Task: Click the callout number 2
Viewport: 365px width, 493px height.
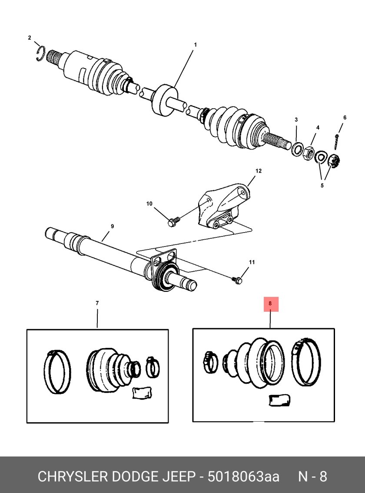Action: pyautogui.click(x=29, y=38)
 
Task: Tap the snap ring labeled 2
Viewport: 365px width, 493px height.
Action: pyautogui.click(x=41, y=53)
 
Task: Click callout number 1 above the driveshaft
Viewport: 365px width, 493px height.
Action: pyautogui.click(x=195, y=45)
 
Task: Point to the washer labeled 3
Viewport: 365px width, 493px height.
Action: pyautogui.click(x=297, y=149)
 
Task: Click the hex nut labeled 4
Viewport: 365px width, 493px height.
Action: pyautogui.click(x=309, y=153)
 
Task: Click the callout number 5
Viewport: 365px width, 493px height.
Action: pyautogui.click(x=322, y=186)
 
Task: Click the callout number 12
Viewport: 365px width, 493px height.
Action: pyautogui.click(x=259, y=171)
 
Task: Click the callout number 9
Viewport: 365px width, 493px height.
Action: pyautogui.click(x=112, y=226)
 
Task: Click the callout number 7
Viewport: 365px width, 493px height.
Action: pyautogui.click(x=97, y=303)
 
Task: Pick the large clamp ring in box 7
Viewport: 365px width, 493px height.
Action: pyautogui.click(x=57, y=372)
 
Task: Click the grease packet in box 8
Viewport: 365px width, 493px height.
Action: pyautogui.click(x=279, y=400)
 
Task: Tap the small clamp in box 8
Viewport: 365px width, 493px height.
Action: pyautogui.click(x=211, y=362)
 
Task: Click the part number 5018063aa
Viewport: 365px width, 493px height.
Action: pyautogui.click(x=244, y=476)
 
